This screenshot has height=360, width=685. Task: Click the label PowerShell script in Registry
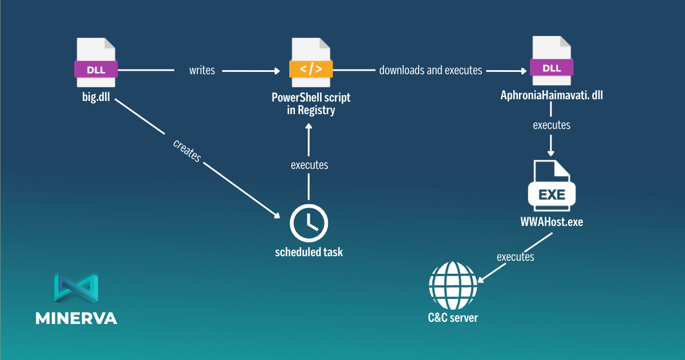click(x=311, y=103)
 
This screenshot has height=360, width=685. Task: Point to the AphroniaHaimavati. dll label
click(x=552, y=95)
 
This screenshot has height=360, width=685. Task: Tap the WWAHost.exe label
click(x=552, y=222)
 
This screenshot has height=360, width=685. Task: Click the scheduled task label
click(x=309, y=252)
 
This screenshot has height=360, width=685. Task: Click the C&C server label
click(x=453, y=317)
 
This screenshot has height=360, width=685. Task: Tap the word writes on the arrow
click(x=202, y=71)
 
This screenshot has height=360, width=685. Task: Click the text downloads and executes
click(x=431, y=71)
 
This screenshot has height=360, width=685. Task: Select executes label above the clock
click(x=309, y=165)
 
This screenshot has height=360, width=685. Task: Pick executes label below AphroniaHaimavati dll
click(x=552, y=124)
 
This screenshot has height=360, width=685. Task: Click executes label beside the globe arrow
click(x=515, y=257)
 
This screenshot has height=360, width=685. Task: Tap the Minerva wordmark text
click(x=76, y=318)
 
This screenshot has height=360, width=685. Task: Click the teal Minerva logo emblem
click(x=76, y=287)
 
